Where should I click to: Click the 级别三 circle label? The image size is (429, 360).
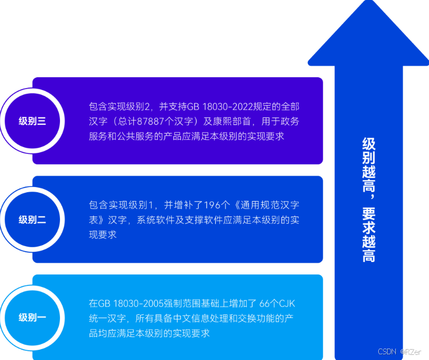[x=33, y=121]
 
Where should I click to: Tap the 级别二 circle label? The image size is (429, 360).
[x=33, y=220]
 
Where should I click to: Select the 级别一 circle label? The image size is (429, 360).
[x=33, y=318]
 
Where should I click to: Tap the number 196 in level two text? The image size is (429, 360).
[x=211, y=205]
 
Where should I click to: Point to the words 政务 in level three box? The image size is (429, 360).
[x=290, y=122]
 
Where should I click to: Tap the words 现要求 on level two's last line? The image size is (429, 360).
[x=102, y=235]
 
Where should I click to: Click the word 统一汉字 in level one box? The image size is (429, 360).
[x=108, y=319]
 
